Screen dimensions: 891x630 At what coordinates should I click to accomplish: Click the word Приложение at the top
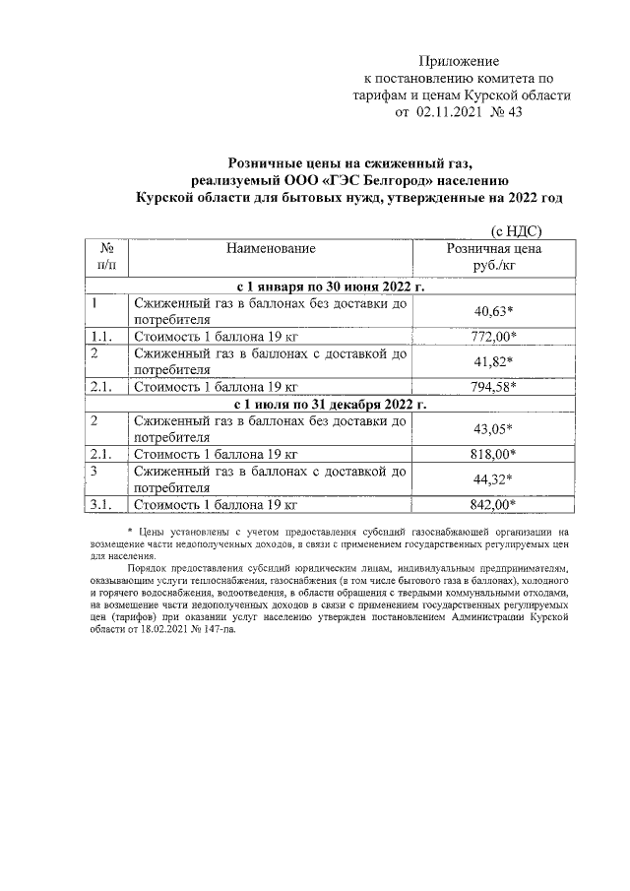pos(460,61)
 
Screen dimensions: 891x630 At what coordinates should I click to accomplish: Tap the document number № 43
pos(511,113)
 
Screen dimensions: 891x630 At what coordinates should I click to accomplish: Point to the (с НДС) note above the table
pos(516,230)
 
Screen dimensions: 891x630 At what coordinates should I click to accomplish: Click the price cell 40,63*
pos(494,312)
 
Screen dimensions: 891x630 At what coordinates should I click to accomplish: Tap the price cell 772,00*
pos(494,337)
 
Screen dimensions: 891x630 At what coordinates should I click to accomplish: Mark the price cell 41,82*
pos(494,361)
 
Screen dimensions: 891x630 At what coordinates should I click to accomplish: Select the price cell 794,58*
pos(494,386)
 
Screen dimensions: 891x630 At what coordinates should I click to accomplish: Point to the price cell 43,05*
pos(494,429)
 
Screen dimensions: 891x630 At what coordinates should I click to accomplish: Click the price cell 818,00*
pos(494,454)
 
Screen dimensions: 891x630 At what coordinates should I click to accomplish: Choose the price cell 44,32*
pos(494,479)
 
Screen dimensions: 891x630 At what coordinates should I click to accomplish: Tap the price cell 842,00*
pos(494,504)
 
